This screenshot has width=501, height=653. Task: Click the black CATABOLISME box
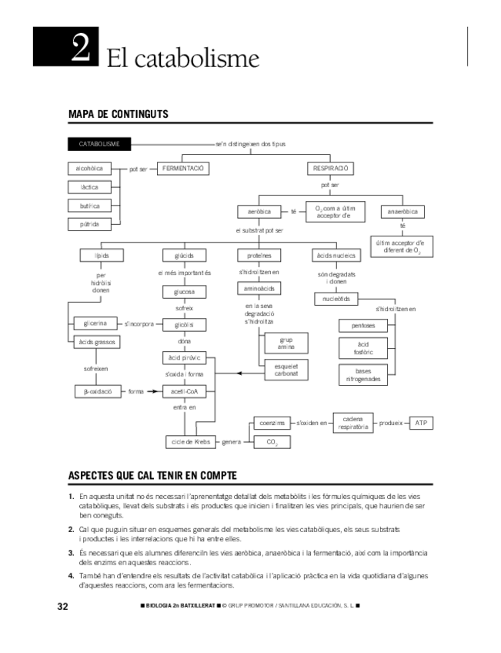[99, 144]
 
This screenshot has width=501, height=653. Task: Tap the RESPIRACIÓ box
[329, 168]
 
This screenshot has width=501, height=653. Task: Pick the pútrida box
[90, 224]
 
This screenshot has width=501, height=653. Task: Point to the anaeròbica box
[402, 211]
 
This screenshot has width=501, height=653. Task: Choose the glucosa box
[184, 292]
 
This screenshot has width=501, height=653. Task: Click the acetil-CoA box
[184, 391]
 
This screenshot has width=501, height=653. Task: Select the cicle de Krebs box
[191, 442]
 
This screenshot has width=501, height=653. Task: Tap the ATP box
[420, 424]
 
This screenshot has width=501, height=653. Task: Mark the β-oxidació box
[98, 391]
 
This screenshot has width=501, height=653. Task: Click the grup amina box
[286, 343]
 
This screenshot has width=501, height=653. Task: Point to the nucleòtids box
[336, 299]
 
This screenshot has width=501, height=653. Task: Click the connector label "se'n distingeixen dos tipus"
[250, 144]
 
